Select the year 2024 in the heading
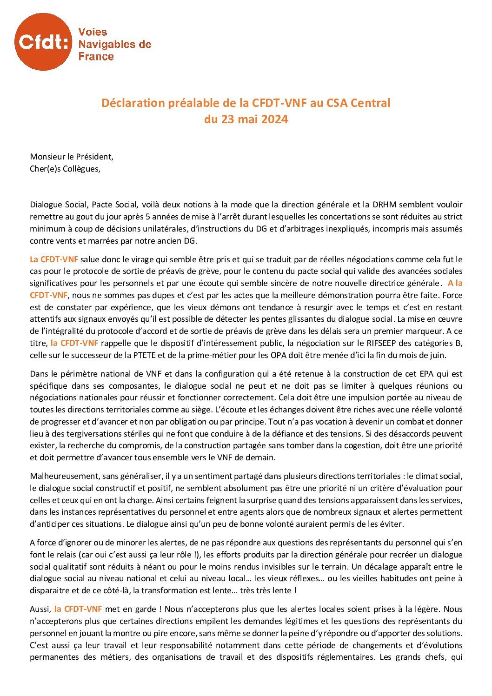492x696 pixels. click(x=274, y=119)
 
